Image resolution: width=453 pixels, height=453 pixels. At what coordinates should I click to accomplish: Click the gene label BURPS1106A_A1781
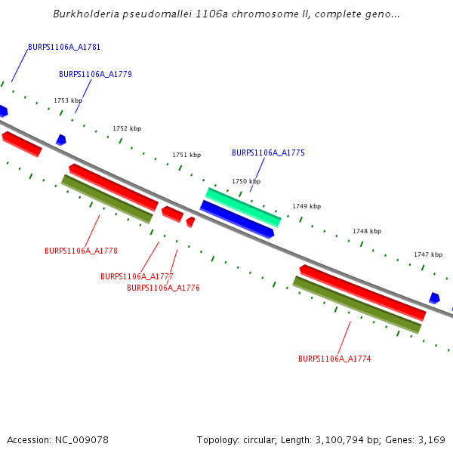coord(64,47)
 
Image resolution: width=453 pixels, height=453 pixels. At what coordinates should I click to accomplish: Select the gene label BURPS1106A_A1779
coord(95,74)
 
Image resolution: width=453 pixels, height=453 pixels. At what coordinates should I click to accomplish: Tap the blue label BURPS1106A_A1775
coord(268,153)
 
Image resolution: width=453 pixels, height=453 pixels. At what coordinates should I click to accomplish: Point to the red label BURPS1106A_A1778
coord(81,251)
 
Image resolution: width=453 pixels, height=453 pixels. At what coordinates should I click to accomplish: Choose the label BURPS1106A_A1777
coord(137,276)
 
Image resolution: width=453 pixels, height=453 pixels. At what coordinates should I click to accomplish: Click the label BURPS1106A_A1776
coord(163,288)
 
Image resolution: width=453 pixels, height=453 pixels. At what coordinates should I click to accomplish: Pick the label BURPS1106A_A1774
coord(334,359)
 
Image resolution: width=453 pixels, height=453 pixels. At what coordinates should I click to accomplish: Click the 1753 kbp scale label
coord(67,100)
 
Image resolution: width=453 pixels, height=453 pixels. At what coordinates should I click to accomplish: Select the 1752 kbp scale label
coord(127,128)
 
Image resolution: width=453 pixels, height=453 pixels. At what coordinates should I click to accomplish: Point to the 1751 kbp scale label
coord(186,155)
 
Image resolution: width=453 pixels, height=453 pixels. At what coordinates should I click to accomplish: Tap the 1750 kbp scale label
coord(246,181)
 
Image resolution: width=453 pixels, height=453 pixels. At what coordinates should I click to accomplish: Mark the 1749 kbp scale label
coord(307,206)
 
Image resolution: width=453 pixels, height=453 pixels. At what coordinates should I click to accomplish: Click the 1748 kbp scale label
coord(367,231)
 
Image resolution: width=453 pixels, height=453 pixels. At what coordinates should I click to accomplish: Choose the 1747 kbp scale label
coord(428,254)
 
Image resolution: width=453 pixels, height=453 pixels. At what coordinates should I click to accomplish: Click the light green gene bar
coord(243,207)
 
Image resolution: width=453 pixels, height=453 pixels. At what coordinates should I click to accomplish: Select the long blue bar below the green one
coord(237,220)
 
